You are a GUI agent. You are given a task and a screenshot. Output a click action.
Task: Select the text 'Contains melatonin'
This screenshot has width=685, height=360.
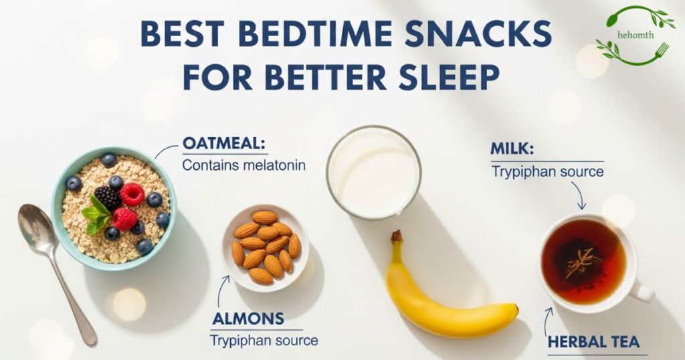click(244, 165)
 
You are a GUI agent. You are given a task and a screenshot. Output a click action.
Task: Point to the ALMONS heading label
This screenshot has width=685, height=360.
click(248, 318)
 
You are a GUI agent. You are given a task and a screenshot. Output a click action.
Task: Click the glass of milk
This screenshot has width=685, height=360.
click(373, 173)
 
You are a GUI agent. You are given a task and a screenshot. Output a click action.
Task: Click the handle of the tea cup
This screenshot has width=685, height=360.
click(643, 292)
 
